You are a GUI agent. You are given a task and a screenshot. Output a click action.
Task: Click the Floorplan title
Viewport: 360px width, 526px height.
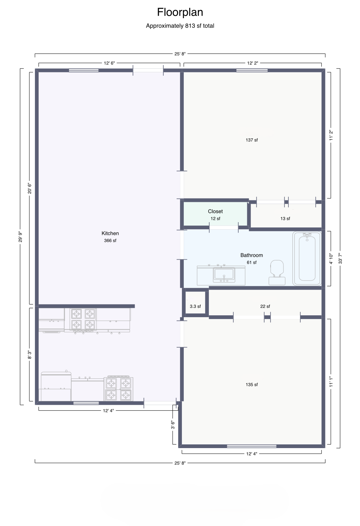(180, 13)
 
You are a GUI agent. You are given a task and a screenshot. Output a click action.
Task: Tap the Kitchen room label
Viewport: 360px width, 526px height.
(110, 233)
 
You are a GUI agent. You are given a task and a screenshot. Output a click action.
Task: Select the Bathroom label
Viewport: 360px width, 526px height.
(251, 255)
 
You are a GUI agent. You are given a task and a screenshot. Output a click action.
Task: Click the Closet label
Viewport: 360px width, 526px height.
(215, 211)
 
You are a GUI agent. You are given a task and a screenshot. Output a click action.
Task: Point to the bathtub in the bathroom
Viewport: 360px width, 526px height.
(307, 258)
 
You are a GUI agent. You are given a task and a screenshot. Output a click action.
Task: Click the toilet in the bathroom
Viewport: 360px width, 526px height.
(277, 272)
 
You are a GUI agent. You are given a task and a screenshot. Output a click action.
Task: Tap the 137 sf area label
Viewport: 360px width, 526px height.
(252, 140)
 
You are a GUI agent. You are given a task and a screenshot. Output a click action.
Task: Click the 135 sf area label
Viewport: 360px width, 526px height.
(252, 384)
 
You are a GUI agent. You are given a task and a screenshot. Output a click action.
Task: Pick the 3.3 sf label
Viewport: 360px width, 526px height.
(195, 306)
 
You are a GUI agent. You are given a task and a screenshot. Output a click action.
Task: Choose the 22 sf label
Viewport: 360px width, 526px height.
(265, 306)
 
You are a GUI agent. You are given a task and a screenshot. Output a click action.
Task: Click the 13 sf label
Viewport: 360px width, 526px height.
(285, 218)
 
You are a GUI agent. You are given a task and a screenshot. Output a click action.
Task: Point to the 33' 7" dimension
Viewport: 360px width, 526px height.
(340, 258)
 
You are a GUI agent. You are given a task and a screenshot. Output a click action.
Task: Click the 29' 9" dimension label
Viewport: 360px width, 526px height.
(20, 237)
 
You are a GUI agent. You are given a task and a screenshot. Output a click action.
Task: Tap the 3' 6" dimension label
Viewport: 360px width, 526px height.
(173, 425)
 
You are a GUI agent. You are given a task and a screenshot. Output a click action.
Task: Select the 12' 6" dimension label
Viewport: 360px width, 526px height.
(109, 63)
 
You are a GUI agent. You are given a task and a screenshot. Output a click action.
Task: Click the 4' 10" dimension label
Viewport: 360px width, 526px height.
(331, 259)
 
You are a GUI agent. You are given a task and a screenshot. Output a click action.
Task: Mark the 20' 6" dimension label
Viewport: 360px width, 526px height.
(29, 188)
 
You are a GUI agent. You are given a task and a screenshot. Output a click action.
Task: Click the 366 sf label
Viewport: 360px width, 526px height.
(110, 240)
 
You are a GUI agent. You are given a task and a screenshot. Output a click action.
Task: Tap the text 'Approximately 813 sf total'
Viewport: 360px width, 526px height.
(180, 26)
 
